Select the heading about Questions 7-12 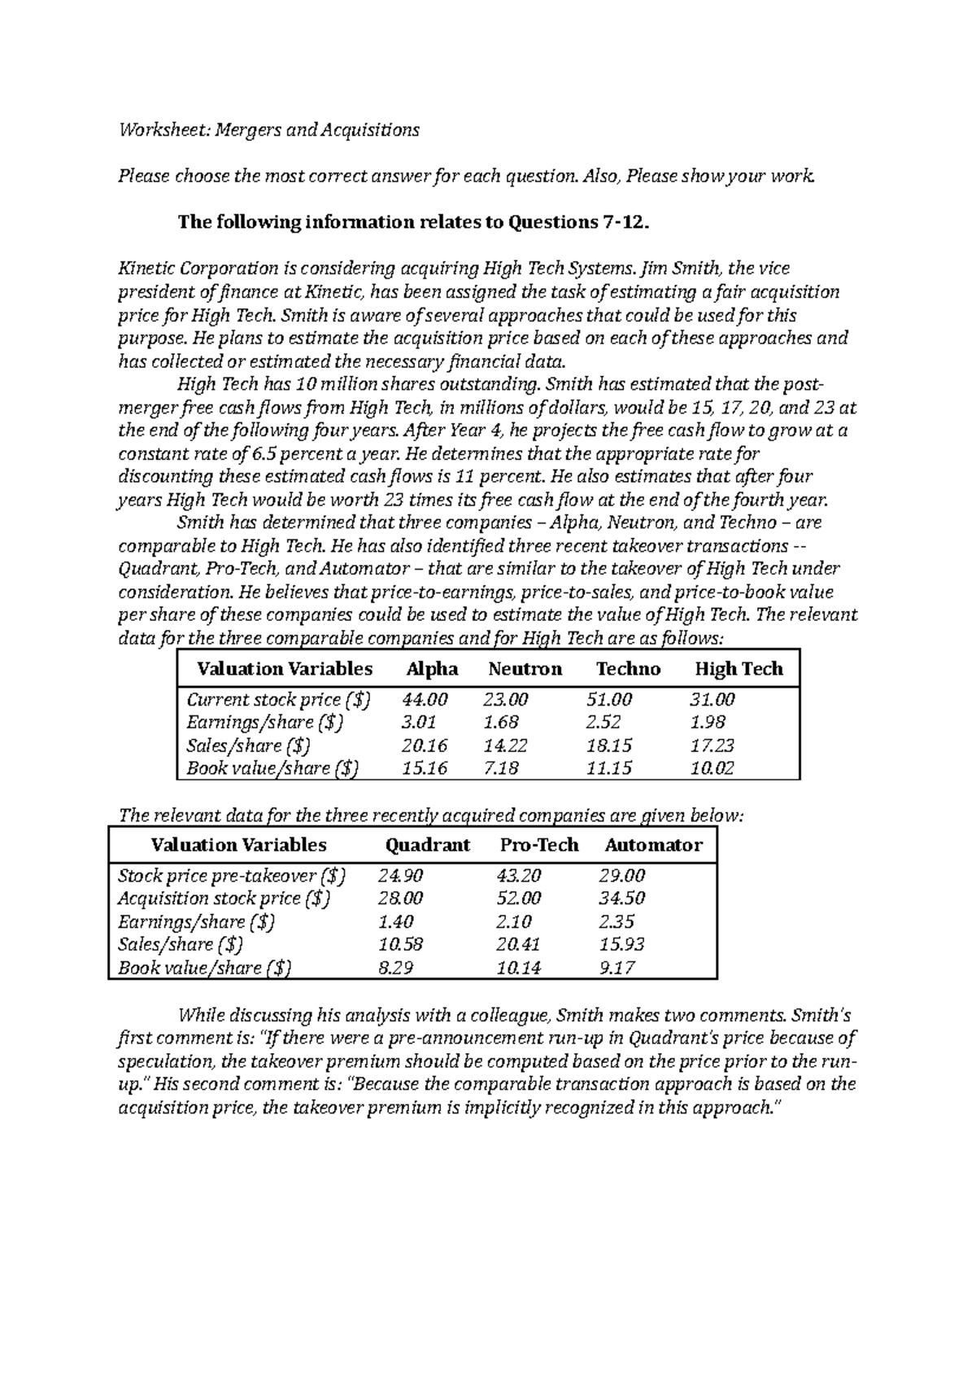point(413,222)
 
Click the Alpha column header point(432,669)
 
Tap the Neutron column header point(525,669)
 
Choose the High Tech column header point(738,669)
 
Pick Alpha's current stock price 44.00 point(424,699)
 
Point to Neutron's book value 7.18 point(500,768)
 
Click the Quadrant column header point(427,845)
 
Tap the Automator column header point(653,845)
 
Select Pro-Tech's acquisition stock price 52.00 point(518,899)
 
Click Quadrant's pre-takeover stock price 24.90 point(400,876)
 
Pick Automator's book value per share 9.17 point(617,968)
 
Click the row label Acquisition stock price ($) point(224,899)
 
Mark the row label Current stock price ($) point(278,699)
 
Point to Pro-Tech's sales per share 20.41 point(518,944)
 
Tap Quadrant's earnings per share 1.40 point(396,921)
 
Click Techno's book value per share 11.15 point(608,768)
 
